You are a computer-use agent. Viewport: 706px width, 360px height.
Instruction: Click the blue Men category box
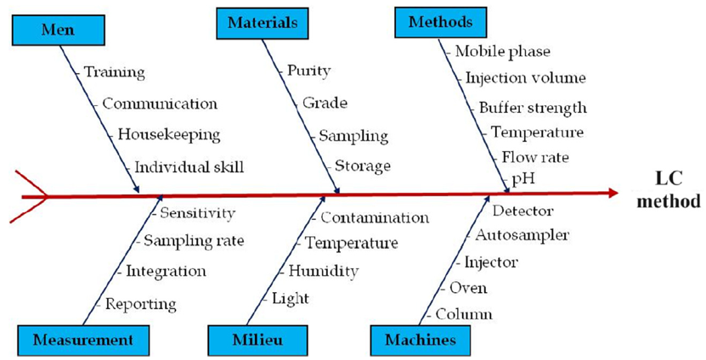pyautogui.click(x=58, y=30)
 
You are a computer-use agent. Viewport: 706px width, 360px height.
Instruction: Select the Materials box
pyautogui.click(x=263, y=22)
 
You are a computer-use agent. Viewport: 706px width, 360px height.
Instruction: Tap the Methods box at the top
pyautogui.click(x=440, y=22)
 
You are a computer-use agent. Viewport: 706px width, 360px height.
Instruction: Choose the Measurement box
pyautogui.click(x=82, y=340)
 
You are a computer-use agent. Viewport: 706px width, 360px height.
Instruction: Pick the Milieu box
pyautogui.click(x=257, y=340)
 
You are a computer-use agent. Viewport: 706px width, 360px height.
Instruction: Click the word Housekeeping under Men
pyautogui.click(x=168, y=134)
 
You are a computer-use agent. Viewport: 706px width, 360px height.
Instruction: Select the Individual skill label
pyautogui.click(x=189, y=166)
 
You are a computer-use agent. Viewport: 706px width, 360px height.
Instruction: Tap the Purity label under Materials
pyautogui.click(x=308, y=71)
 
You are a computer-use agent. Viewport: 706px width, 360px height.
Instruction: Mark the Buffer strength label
pyautogui.click(x=532, y=108)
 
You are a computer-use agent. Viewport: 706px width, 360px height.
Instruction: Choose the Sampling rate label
pyautogui.click(x=193, y=241)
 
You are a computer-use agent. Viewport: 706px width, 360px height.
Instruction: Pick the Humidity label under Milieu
pyautogui.click(x=323, y=272)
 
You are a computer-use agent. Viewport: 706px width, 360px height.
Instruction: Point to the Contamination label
pyautogui.click(x=374, y=218)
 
